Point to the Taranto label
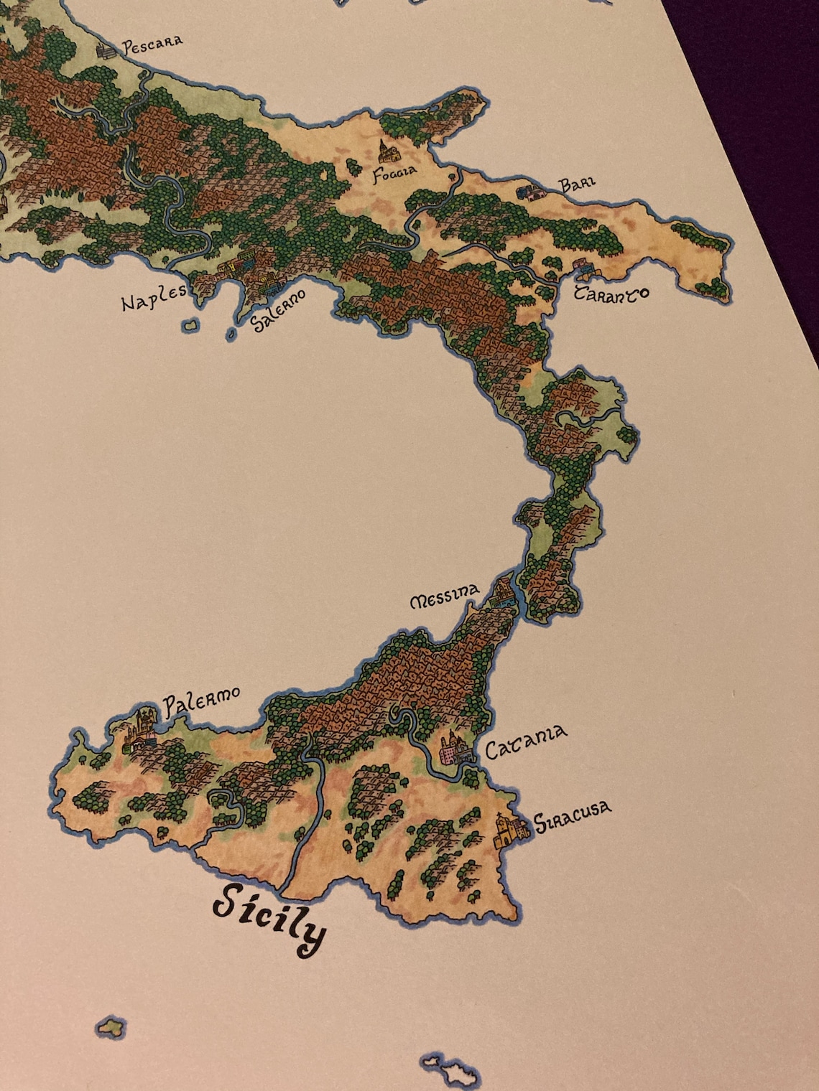coord(611,294)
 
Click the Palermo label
coord(200,701)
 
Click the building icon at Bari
coord(532,192)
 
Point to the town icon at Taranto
coord(583,269)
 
